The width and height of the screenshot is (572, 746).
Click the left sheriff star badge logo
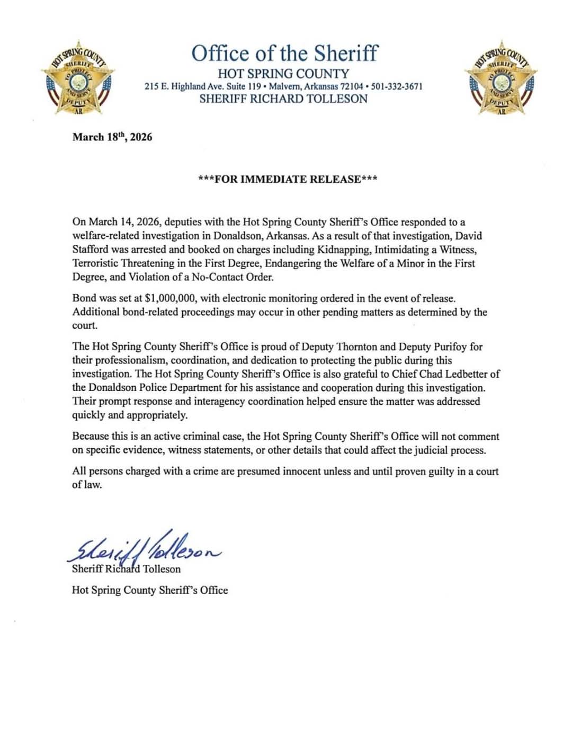[x=78, y=78]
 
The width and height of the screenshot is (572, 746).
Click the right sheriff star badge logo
[x=501, y=78]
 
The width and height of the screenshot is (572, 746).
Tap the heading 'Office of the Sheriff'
[x=284, y=54]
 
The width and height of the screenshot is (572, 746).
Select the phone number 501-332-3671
[x=397, y=86]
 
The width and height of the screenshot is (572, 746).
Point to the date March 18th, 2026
[x=112, y=137]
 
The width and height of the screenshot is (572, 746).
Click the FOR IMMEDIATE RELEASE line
[x=288, y=179]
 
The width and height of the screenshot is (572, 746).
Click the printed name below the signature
[x=126, y=570]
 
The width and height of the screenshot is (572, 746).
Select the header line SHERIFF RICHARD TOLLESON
[x=283, y=99]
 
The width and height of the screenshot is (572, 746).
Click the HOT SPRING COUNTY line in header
[x=283, y=74]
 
